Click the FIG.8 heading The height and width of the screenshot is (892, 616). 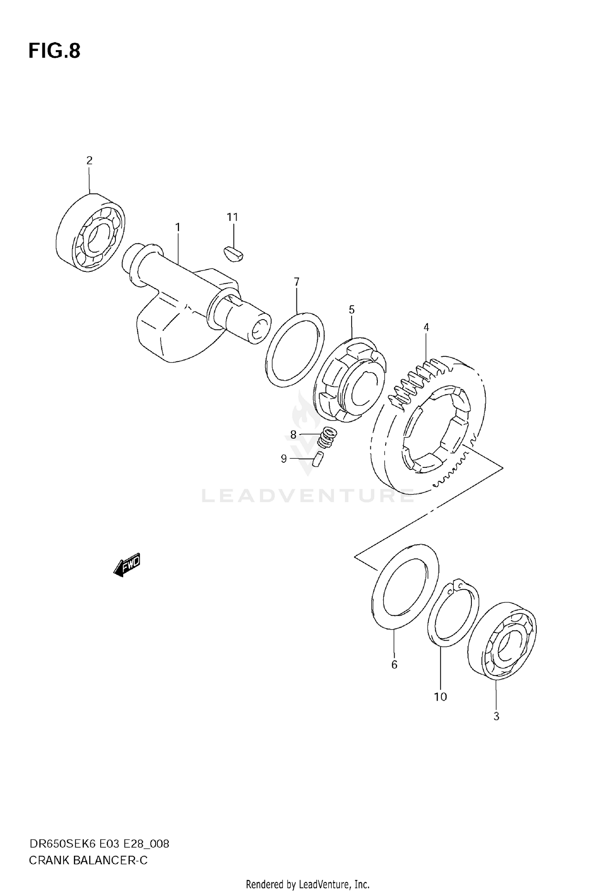55,51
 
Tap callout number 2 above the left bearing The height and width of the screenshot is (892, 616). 90,161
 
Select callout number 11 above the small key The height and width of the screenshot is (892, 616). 232,217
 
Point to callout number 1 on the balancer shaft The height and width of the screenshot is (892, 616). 178,227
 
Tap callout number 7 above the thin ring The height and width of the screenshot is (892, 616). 297,282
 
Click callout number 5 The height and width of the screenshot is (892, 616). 352,309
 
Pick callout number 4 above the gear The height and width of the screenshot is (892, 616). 426,327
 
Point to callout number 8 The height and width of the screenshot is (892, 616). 293,435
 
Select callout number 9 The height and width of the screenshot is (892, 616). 284,459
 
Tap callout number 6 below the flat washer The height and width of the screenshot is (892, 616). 394,664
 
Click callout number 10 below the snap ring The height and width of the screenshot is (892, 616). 440,697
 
